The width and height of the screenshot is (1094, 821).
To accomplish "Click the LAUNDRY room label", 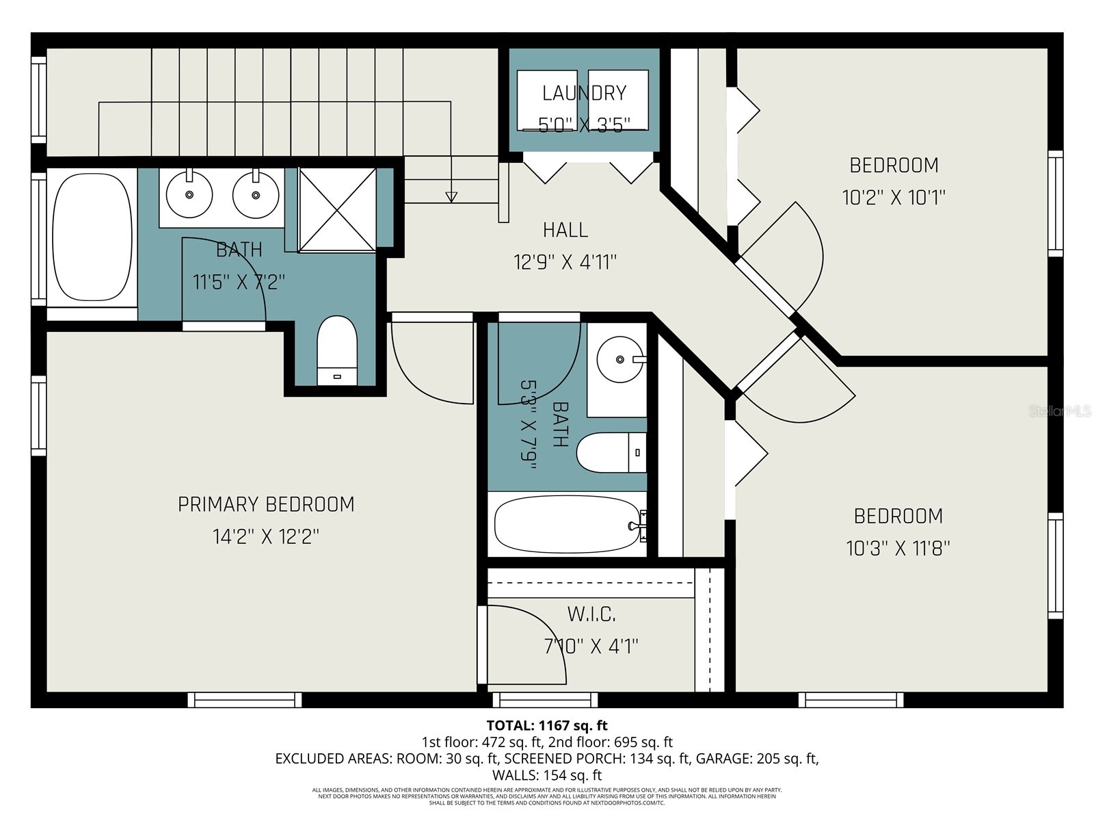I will click(x=584, y=93).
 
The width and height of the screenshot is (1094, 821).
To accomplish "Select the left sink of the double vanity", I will click(x=189, y=194).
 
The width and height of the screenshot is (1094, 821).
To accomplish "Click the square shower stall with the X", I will click(x=338, y=209).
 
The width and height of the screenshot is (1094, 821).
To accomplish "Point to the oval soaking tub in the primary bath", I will click(x=92, y=236).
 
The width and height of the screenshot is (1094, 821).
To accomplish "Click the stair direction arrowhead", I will click(x=451, y=197).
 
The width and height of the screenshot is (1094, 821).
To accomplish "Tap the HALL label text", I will click(x=565, y=230).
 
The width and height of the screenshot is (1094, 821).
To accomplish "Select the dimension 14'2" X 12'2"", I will click(x=265, y=536).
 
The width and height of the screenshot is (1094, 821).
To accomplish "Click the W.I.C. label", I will click(x=591, y=614).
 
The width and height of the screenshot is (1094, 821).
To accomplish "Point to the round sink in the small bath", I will click(x=619, y=359).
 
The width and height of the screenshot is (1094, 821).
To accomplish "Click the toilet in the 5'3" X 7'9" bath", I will click(x=611, y=452).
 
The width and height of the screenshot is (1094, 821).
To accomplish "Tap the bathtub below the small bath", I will click(x=567, y=525).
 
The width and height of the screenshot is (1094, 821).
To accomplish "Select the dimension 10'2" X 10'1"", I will click(x=893, y=198).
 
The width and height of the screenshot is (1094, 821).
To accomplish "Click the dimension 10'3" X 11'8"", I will click(x=898, y=548).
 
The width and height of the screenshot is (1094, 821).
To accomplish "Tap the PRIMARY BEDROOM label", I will click(x=266, y=504).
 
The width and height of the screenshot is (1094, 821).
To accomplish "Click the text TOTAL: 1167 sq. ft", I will click(x=546, y=725).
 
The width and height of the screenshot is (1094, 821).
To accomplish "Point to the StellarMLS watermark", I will click(x=1060, y=411).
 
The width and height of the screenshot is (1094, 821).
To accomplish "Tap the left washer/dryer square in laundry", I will click(x=547, y=99).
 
